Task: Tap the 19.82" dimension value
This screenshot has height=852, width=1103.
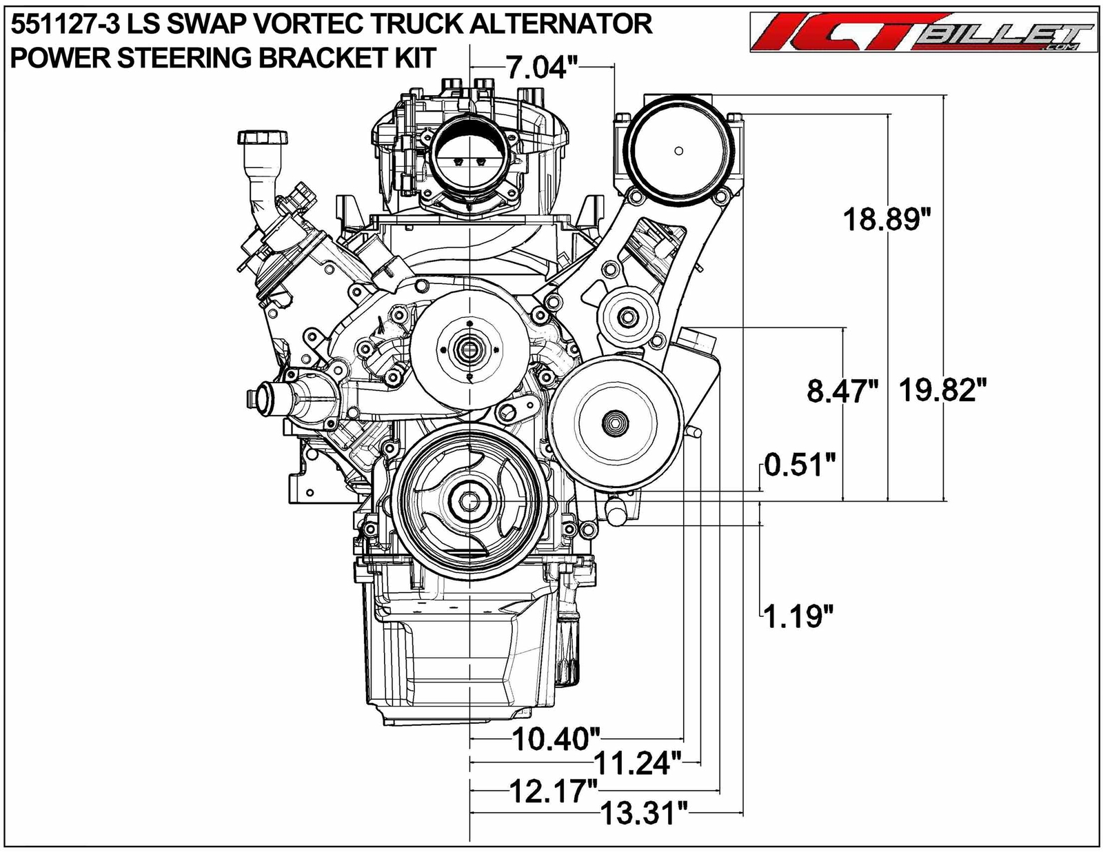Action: (x=938, y=391)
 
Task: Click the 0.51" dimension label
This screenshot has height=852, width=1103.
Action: (x=800, y=465)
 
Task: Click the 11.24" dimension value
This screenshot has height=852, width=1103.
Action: (x=638, y=764)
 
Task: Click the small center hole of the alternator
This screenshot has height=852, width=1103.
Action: (x=678, y=151)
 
